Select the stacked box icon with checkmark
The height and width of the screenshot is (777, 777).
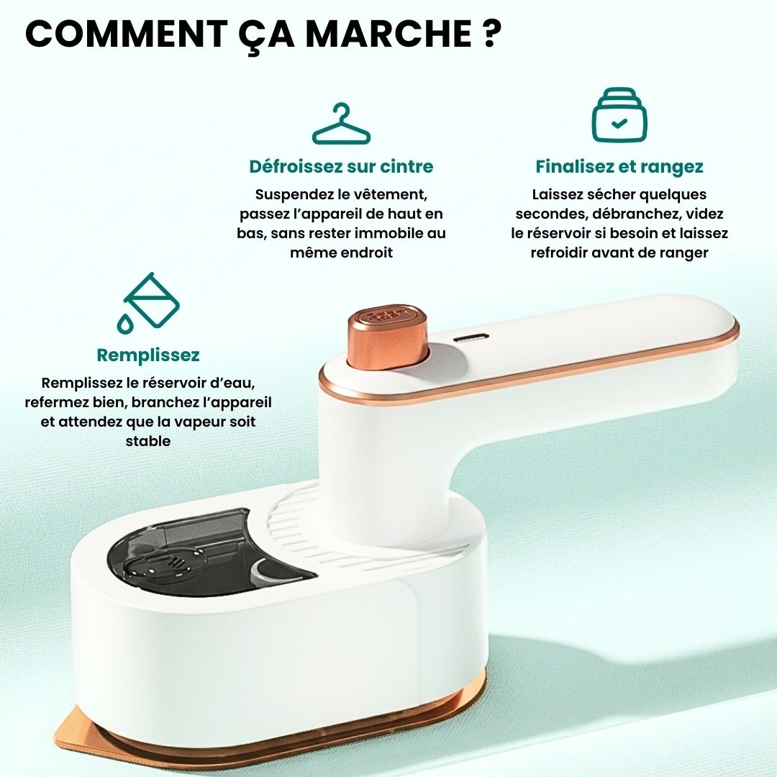tap(619, 115)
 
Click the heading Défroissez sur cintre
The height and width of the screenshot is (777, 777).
tap(341, 166)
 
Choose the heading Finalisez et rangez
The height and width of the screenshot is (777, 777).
tap(619, 166)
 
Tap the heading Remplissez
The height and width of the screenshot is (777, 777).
tap(148, 355)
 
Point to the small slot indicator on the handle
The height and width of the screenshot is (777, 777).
tap(472, 338)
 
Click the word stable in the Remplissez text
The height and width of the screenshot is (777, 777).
tap(148, 441)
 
